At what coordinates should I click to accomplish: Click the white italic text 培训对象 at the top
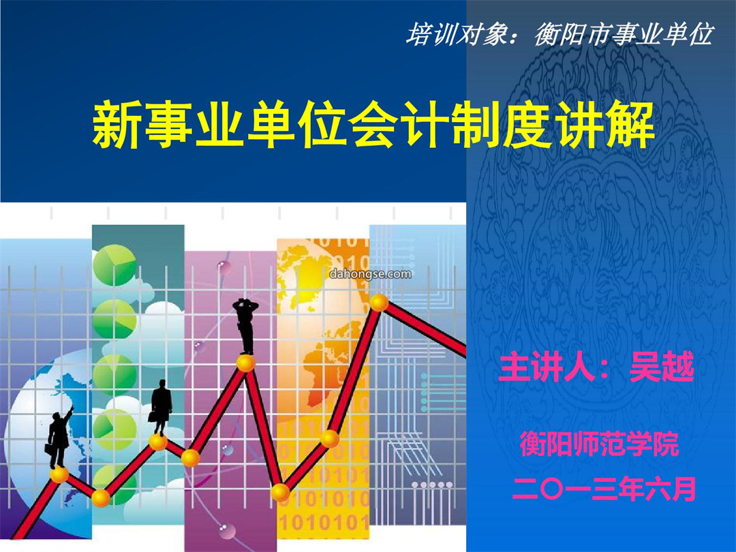coord(455,34)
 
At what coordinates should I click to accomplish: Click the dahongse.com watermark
coord(370,274)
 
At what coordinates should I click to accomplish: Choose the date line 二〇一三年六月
coord(604,489)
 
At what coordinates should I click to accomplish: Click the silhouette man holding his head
coord(245,326)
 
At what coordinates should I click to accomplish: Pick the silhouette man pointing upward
coord(60,437)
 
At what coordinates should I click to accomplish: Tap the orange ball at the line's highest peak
coord(378,303)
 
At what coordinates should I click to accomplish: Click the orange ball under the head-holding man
coord(245,363)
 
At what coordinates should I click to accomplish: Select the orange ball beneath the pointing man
coord(59,475)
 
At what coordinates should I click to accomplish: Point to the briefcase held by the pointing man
coord(49,448)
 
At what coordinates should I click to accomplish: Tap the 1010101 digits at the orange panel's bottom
coord(324,522)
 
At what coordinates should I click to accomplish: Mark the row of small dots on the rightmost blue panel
coord(432,485)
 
